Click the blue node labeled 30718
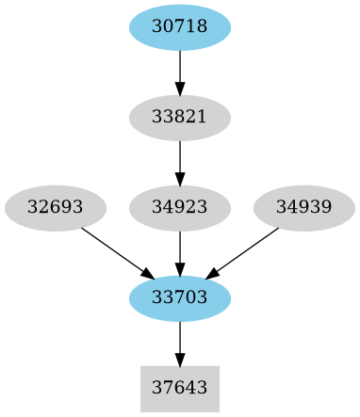[179, 27]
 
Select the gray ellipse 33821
[179, 118]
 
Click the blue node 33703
[179, 298]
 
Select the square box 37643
[179, 389]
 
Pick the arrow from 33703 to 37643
[179, 339]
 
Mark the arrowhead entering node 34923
[179, 178]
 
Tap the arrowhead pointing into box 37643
[179, 359]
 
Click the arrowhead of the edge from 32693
[147, 274]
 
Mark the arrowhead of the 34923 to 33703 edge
[179, 268]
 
